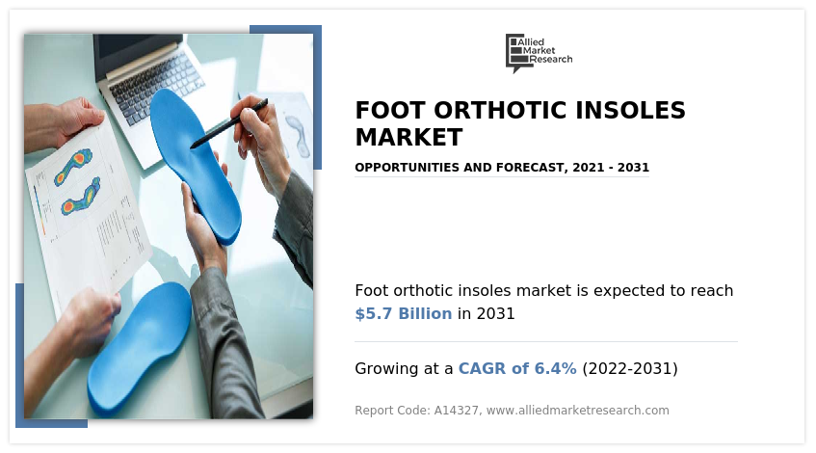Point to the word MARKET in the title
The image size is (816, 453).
coord(408,137)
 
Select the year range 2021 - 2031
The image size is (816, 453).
coord(610,168)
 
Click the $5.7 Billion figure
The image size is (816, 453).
coord(403,313)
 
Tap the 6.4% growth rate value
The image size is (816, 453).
coord(555,368)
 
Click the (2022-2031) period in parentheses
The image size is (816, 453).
coord(630,368)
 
